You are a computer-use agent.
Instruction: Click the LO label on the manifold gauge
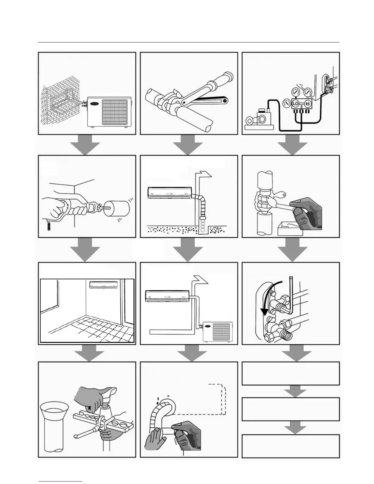[x=295, y=104]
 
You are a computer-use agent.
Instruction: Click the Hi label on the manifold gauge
[x=307, y=104]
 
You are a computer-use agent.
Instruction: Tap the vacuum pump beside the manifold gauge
[x=258, y=119]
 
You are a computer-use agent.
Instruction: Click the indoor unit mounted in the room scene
[x=104, y=285]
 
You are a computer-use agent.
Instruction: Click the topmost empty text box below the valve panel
[x=291, y=373]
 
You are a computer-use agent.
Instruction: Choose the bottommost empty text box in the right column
[x=291, y=446]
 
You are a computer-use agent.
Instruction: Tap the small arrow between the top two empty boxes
[x=295, y=391]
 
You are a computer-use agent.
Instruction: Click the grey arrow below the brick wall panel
[x=87, y=145]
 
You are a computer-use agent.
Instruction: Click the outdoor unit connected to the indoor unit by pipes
[x=215, y=331]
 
